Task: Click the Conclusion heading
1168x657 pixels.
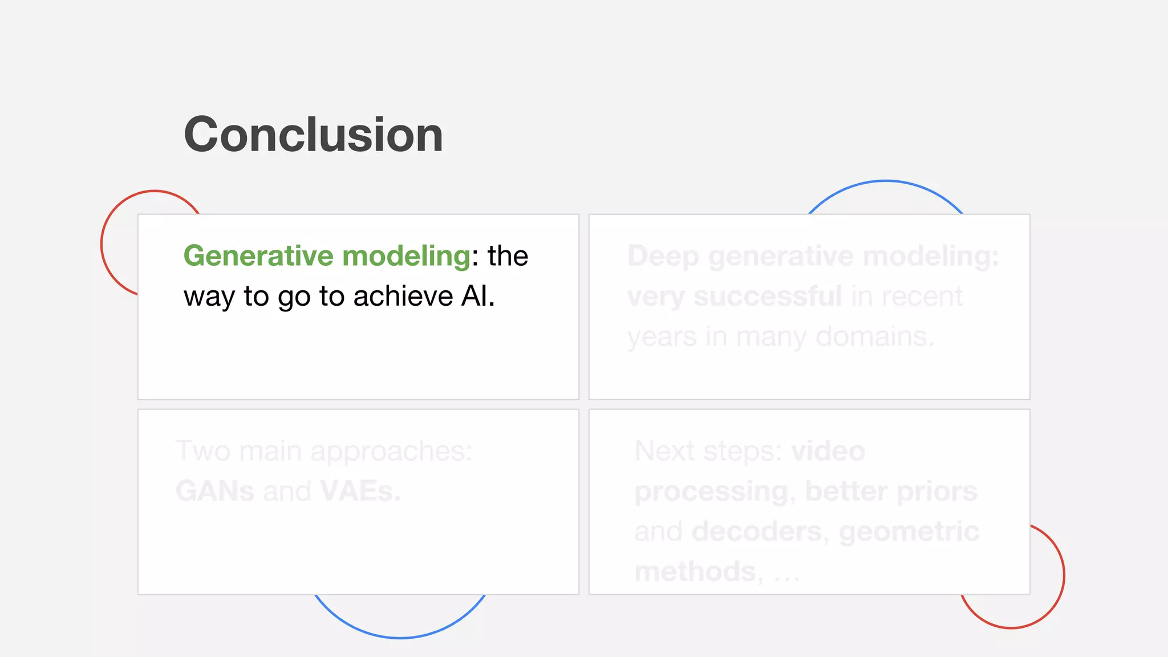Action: click(313, 135)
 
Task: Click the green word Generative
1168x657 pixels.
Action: click(258, 256)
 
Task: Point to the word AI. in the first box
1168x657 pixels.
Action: click(478, 297)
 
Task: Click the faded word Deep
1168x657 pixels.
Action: click(663, 256)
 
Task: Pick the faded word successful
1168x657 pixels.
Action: click(768, 297)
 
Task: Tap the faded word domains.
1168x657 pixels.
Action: click(875, 336)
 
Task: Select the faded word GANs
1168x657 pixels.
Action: click(214, 491)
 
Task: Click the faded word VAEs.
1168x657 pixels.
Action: click(360, 491)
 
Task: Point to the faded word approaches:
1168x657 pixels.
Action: click(391, 451)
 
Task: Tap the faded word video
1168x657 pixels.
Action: click(828, 451)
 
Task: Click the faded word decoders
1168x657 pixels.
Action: click(759, 532)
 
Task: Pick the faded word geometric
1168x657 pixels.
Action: click(909, 532)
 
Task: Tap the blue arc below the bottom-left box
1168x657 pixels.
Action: click(399, 637)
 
